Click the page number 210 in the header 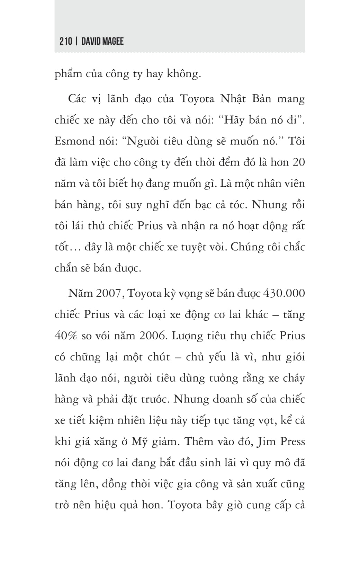pos(66,42)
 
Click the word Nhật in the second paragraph pos(233,99)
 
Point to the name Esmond pos(74,141)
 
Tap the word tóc pos(237,205)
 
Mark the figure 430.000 pos(284,294)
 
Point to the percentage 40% pos(66,336)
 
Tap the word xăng pos(113,442)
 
